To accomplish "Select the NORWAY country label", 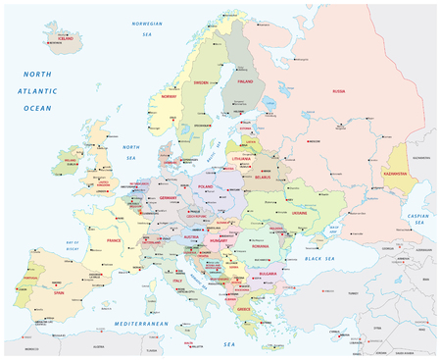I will [169, 97].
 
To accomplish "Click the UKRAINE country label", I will [299, 213].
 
